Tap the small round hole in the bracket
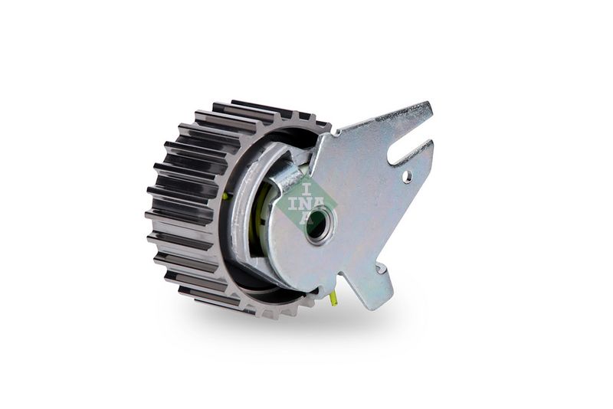408,177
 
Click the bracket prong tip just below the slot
432,143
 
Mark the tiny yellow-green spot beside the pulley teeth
225,197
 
